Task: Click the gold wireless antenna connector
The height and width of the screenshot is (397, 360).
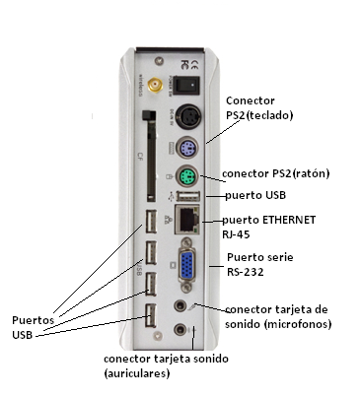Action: (x=156, y=86)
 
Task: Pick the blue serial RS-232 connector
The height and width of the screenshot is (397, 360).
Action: (x=185, y=267)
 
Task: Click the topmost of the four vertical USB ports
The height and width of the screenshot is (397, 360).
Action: (x=150, y=222)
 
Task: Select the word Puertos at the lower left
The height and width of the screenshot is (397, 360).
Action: (x=33, y=320)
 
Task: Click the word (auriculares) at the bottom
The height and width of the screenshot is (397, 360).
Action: (x=136, y=374)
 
